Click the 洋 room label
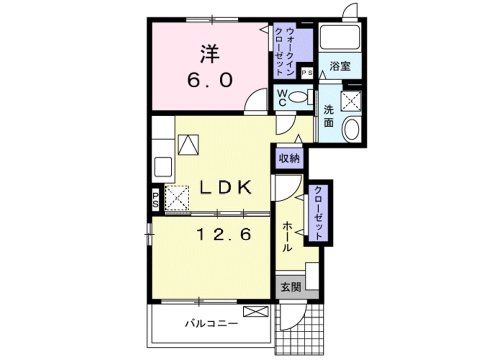[210, 54]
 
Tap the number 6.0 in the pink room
[210, 79]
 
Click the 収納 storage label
[288, 158]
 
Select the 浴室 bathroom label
[340, 66]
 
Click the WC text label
[281, 97]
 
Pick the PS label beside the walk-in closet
[307, 73]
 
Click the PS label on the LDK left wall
[155, 199]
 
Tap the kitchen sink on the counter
[163, 166]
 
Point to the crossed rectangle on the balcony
[256, 312]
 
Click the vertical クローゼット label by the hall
[318, 212]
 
